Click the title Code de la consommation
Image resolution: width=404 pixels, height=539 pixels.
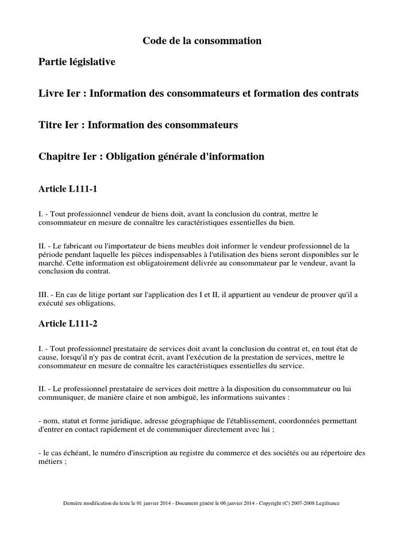click(202, 41)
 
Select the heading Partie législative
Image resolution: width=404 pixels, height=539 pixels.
click(77, 62)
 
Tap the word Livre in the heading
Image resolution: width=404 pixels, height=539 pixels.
click(51, 94)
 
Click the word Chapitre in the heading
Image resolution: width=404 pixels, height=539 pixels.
click(58, 157)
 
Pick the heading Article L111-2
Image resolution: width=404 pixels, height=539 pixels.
click(68, 324)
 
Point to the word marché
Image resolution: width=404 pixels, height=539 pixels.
click(53, 263)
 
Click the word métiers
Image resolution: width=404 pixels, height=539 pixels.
click(52, 462)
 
